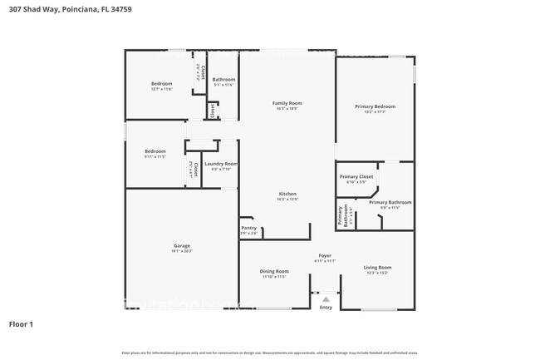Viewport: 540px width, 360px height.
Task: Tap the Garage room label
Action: point(182,245)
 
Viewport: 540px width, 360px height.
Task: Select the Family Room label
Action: point(286,103)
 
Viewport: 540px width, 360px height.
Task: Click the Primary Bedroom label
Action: point(375,106)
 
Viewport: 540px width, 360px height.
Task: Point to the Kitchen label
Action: point(287,194)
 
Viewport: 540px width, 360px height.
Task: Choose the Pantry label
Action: point(249,228)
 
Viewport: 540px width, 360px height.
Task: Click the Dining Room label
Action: point(274,270)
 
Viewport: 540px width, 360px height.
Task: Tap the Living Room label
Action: point(377,268)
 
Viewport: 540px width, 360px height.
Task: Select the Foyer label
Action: point(325,255)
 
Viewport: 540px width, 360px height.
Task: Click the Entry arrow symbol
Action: point(326,298)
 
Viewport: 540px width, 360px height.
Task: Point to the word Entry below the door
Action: point(326,308)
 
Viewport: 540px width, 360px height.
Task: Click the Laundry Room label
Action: point(220,164)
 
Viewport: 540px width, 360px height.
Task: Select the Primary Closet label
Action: point(356,176)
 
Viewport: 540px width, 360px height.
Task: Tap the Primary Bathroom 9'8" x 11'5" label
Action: point(390,205)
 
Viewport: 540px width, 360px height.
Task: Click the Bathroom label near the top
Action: point(223,79)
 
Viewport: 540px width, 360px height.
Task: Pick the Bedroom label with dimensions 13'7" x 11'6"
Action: point(161,86)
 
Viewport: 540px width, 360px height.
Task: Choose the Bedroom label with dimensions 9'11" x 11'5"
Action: point(155,153)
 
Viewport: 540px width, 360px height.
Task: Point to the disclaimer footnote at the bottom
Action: point(270,353)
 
